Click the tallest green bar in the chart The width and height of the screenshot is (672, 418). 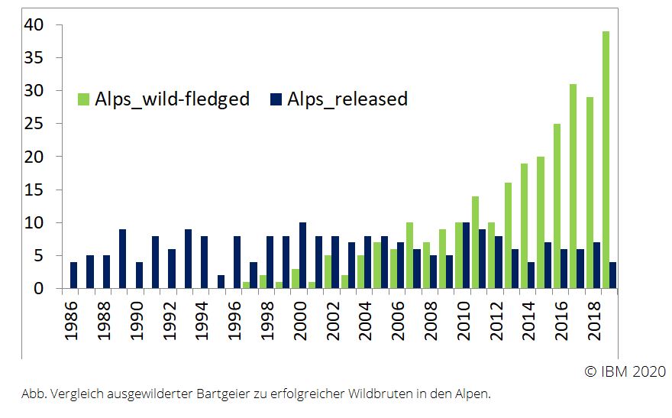pyautogui.click(x=606, y=160)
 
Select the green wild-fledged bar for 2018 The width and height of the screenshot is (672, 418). pyautogui.click(x=589, y=193)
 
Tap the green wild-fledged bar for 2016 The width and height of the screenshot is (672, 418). pyautogui.click(x=557, y=206)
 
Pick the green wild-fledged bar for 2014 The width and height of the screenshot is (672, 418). pyautogui.click(x=524, y=226)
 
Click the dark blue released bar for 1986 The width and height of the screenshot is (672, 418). pyautogui.click(x=74, y=276)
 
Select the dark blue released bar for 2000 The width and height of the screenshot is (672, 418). pyautogui.click(x=303, y=256)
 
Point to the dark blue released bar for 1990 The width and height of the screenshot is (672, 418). pyautogui.click(x=139, y=276)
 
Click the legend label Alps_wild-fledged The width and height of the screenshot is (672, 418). pyautogui.click(x=172, y=99)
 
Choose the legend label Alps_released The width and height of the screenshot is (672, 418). pyautogui.click(x=347, y=99)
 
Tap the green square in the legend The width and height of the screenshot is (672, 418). pyautogui.click(x=83, y=99)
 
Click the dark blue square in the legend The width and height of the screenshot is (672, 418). pyautogui.click(x=276, y=99)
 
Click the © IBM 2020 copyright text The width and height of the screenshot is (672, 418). pyautogui.click(x=625, y=371)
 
